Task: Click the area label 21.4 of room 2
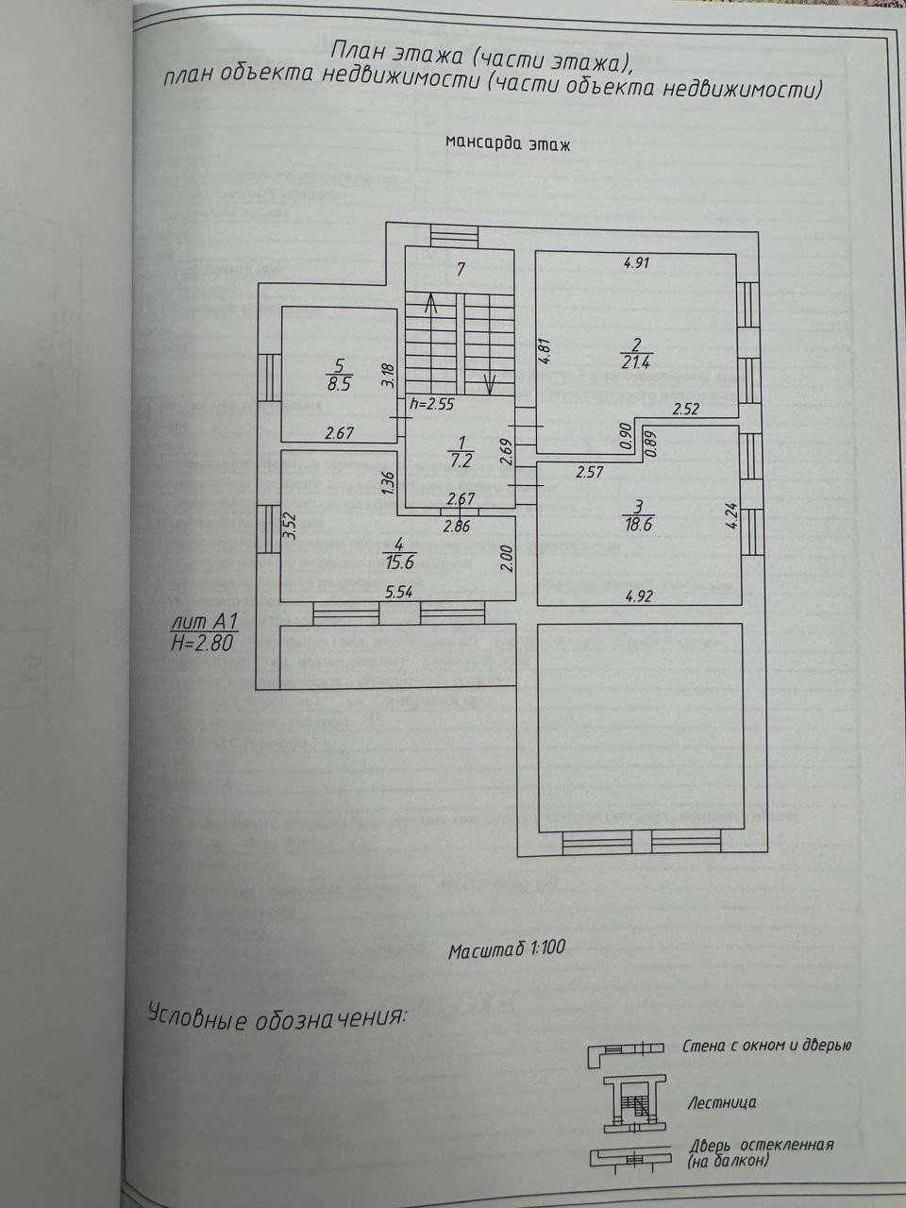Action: [637, 361]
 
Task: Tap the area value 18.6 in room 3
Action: [638, 525]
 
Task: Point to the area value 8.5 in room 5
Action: [341, 384]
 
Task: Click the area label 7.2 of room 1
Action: [461, 461]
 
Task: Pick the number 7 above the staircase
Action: [461, 269]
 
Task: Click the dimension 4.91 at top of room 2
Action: [637, 263]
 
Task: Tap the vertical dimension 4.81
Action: [543, 351]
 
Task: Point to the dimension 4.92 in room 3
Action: [639, 596]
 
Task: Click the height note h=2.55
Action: [433, 404]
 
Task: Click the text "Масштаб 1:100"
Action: [507, 948]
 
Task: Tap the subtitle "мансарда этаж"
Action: [508, 144]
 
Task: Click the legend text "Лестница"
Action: [722, 1102]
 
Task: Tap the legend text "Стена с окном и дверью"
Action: [766, 1046]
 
